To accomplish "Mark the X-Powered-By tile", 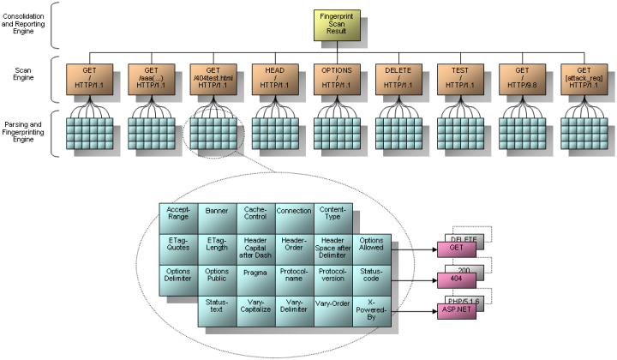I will (371, 309).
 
